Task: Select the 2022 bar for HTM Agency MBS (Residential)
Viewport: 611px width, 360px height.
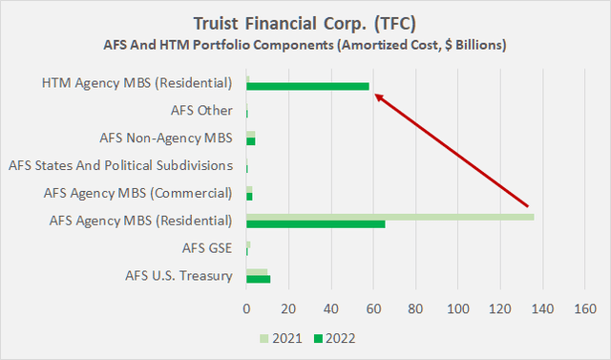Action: tap(307, 86)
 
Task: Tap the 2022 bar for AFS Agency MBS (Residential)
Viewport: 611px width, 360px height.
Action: tap(315, 224)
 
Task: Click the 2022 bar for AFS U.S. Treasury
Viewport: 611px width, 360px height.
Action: tap(258, 279)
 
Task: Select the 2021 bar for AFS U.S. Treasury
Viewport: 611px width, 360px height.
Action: tap(257, 271)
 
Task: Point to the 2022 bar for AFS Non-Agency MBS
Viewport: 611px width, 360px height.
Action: tap(250, 141)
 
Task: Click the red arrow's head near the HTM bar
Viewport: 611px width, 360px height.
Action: tap(377, 95)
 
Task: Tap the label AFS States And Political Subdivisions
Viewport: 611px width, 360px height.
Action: tap(120, 165)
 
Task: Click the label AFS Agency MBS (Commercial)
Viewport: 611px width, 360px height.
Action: tap(138, 193)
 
